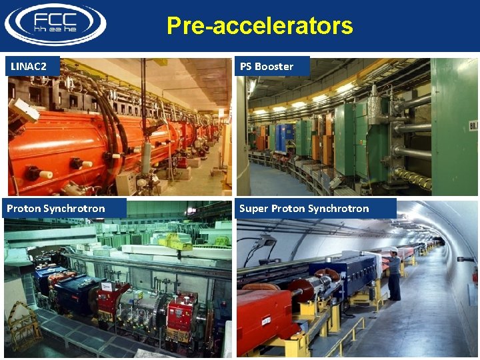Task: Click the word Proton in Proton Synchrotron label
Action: pyautogui.click(x=24, y=209)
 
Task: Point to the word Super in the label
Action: pyautogui.click(x=253, y=209)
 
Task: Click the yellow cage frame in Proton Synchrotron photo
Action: pyautogui.click(x=23, y=327)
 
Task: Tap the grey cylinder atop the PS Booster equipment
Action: pyautogui.click(x=375, y=101)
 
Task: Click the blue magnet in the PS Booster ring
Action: pyautogui.click(x=280, y=137)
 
